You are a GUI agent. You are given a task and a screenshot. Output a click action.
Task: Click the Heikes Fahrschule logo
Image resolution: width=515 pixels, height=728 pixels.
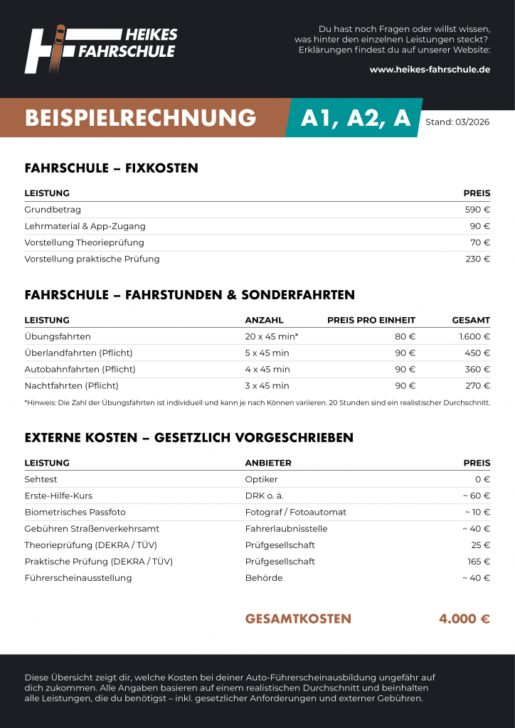click(x=100, y=49)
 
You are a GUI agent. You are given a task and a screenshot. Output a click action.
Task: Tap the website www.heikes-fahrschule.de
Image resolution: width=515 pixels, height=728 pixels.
click(x=430, y=70)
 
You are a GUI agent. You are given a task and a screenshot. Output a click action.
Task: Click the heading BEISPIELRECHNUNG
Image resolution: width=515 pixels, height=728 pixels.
click(x=140, y=118)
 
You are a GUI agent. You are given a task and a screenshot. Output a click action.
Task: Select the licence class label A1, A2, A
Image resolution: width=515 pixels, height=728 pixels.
click(x=356, y=118)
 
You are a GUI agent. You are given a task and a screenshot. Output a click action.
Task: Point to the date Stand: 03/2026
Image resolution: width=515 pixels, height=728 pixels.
click(x=457, y=122)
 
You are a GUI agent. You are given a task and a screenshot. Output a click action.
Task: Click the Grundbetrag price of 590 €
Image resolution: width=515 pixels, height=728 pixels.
click(x=477, y=210)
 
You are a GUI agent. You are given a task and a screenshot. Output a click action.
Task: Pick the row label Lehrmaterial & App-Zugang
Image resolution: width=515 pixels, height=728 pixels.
click(x=85, y=226)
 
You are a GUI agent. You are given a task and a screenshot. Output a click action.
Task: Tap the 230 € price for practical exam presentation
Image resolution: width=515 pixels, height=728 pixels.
click(x=477, y=259)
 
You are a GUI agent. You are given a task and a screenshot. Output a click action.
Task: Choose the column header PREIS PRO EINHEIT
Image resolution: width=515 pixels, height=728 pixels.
click(x=371, y=320)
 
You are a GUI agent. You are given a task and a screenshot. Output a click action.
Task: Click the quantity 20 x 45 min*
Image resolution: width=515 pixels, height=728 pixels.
click(x=271, y=336)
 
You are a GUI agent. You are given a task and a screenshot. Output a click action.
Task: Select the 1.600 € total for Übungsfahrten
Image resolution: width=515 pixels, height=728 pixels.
click(x=474, y=336)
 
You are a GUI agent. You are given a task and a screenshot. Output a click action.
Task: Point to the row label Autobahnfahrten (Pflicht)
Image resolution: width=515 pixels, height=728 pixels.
click(x=80, y=369)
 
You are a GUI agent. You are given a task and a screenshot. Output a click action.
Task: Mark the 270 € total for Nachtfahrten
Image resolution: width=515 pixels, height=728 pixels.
click(x=477, y=385)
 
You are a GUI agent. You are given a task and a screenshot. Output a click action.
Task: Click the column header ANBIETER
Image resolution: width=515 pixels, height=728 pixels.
click(x=268, y=463)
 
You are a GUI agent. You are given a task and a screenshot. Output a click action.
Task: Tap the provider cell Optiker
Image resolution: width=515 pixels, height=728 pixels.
click(x=261, y=479)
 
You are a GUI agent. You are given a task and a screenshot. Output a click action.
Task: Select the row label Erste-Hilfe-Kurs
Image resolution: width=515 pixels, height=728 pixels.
click(x=58, y=496)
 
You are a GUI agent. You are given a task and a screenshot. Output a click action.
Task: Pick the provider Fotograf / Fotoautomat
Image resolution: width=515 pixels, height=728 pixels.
click(x=295, y=512)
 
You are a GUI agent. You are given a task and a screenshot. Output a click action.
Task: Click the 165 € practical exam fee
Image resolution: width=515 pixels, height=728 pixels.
click(x=479, y=561)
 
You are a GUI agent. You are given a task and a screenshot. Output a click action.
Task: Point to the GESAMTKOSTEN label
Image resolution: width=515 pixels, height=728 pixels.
click(x=298, y=619)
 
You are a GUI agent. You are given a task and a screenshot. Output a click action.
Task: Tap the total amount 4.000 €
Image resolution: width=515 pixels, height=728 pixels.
click(x=464, y=619)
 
